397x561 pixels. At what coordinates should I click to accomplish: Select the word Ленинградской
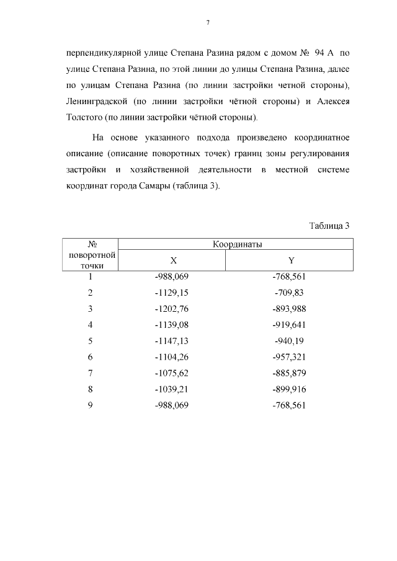tap(96, 101)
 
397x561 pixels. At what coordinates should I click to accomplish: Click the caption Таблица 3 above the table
tap(329, 225)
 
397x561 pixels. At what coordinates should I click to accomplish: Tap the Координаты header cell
tap(234, 244)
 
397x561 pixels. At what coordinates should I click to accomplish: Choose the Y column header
tap(290, 260)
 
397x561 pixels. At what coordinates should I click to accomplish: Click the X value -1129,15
tap(171, 293)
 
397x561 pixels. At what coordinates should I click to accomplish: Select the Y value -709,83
tap(289, 293)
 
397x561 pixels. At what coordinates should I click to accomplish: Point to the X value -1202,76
tap(171, 309)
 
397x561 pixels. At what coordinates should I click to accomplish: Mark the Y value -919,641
tap(289, 325)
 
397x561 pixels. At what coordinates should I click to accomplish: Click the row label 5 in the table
tap(91, 341)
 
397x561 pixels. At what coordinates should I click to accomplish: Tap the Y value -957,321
tap(289, 357)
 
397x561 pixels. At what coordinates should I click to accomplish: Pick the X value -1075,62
tap(171, 373)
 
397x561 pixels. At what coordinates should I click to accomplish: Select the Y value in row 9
tap(289, 405)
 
